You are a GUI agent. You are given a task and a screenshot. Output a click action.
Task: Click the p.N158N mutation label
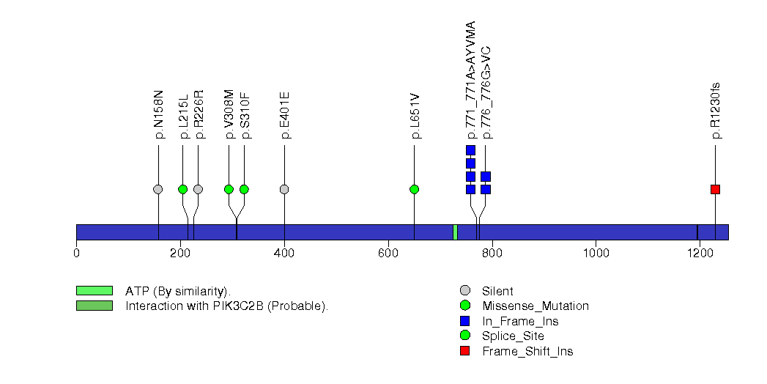point(158,114)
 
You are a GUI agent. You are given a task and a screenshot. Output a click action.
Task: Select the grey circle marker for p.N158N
point(158,189)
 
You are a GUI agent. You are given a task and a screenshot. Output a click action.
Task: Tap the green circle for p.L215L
point(183,189)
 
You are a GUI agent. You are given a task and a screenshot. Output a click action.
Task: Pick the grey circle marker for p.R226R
point(198,189)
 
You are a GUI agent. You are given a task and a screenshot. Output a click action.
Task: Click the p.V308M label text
point(229,114)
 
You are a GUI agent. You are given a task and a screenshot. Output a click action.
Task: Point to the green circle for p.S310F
point(244,189)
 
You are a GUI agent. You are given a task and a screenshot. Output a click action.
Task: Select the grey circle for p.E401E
point(284,189)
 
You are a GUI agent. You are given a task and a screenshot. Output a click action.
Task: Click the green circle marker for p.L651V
point(415,189)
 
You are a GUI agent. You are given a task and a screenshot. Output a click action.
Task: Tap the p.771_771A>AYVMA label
point(470,80)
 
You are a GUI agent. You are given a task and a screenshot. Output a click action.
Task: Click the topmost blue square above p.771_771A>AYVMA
point(470,150)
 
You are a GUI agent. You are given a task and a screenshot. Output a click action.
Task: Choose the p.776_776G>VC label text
point(486,93)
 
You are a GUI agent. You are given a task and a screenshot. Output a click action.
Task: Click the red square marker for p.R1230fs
point(715,189)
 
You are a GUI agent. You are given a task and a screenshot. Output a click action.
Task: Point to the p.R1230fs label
point(716,111)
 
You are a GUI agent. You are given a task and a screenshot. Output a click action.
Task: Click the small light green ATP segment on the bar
point(456,232)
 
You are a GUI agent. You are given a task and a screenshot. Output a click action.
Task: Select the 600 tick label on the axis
point(388,253)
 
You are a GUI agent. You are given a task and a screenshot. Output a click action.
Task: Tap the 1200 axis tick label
point(700,253)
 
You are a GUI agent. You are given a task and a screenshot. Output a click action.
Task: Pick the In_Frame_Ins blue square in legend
point(464,321)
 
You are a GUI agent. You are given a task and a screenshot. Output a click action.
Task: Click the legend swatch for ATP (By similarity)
point(95,291)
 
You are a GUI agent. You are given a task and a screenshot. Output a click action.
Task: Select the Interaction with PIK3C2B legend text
point(226,306)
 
